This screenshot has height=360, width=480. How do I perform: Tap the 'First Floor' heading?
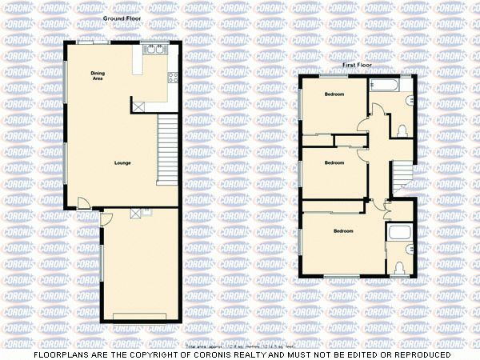point(358,65)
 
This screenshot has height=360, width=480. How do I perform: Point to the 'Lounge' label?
point(122,163)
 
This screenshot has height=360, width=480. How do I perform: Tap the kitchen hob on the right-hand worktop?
point(172,78)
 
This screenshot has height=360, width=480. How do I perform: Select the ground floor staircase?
point(166,148)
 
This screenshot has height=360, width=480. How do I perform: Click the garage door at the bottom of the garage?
point(141,317)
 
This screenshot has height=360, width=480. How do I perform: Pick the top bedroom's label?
point(334,94)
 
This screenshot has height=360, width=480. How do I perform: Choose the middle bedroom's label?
point(334,162)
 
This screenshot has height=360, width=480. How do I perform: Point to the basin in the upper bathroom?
point(409,100)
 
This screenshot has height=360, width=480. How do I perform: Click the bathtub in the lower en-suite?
point(398,233)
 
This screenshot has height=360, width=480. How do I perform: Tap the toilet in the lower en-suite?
point(399,266)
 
